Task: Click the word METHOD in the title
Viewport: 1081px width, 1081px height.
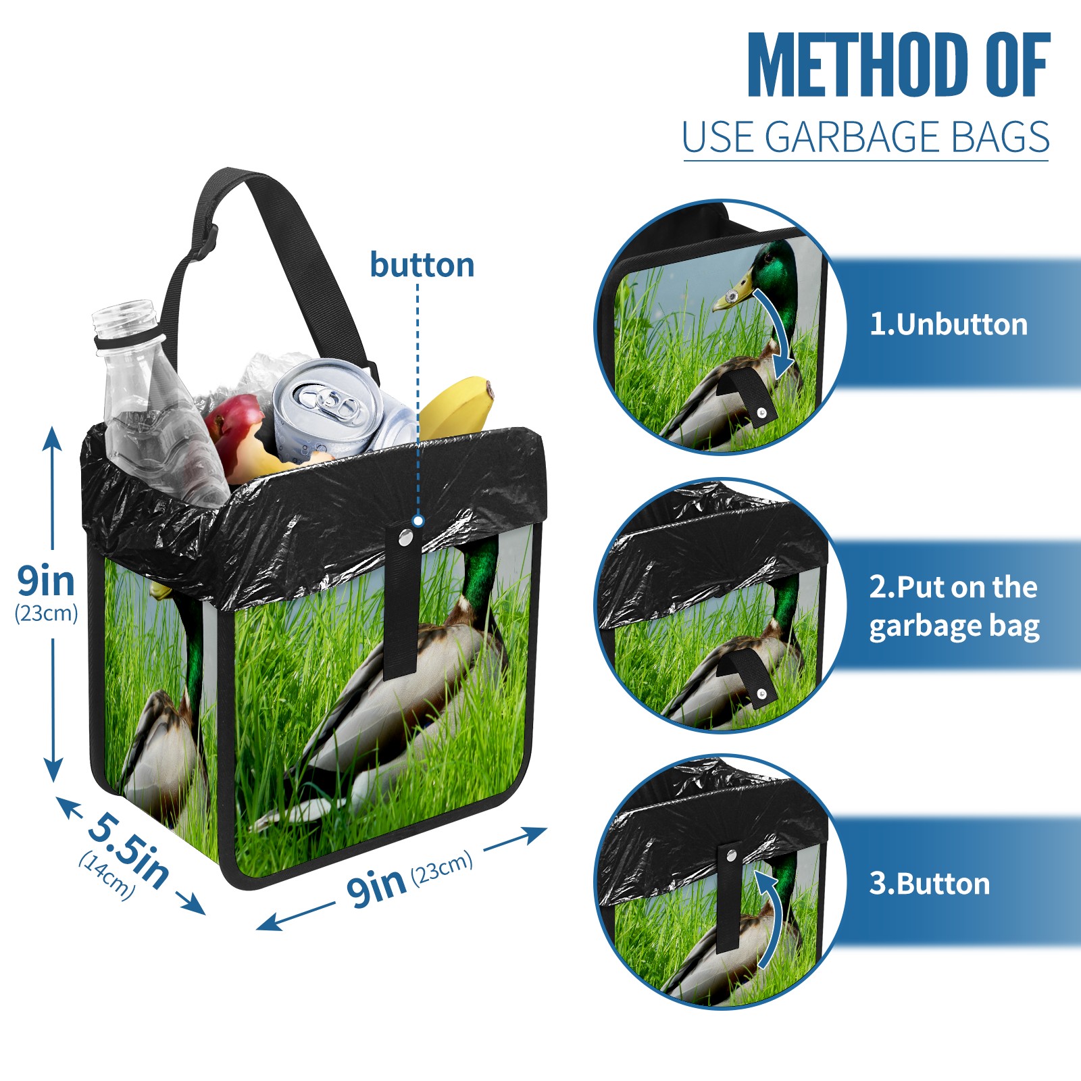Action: pos(857,65)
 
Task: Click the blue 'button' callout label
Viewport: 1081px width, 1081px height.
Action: pos(422,265)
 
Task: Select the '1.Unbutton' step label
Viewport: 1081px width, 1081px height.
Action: pos(948,324)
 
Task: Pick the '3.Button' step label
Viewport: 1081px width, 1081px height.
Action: pos(929,883)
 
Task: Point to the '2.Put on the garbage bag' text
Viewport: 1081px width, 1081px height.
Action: pos(954,607)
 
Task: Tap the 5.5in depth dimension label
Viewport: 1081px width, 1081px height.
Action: pos(128,848)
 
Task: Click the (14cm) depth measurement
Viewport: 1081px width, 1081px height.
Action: pos(107,876)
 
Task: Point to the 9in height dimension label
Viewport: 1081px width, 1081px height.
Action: pos(46,580)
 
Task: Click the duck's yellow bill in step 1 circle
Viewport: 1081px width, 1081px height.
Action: pos(734,294)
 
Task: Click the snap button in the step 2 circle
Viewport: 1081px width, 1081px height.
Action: pos(762,693)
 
